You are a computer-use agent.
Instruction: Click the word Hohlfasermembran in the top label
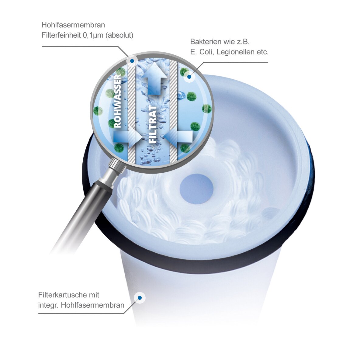pos(73,25)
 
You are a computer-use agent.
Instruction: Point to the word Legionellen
pos(236,52)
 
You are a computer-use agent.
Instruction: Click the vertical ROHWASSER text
pos(117,101)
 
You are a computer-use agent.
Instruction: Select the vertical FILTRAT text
pos(153,124)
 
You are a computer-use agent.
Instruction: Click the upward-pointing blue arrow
pos(154,79)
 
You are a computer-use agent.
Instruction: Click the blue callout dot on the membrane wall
pos(132,61)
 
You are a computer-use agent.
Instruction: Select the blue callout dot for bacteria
pos(189,77)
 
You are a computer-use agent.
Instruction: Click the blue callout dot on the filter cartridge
pos(140,298)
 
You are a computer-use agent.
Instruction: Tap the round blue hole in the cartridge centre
pos(196,189)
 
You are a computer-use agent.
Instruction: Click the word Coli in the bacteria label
pos(206,52)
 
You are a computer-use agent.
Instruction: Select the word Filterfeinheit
pos(61,35)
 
